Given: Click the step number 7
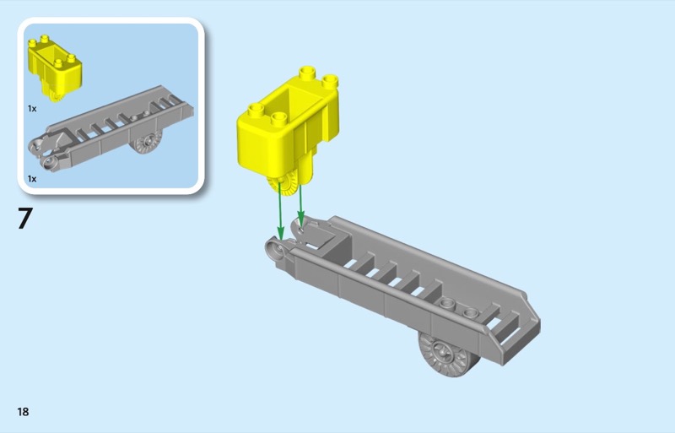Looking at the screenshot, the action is tap(25, 219).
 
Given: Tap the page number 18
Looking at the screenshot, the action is tap(24, 412).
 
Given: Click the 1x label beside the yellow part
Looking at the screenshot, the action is tap(32, 109).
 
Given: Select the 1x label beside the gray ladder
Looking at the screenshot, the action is tap(32, 178).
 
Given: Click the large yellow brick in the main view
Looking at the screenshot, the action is tap(288, 129).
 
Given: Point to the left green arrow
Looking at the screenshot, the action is tap(280, 211).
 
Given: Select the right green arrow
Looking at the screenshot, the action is tap(300, 205).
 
